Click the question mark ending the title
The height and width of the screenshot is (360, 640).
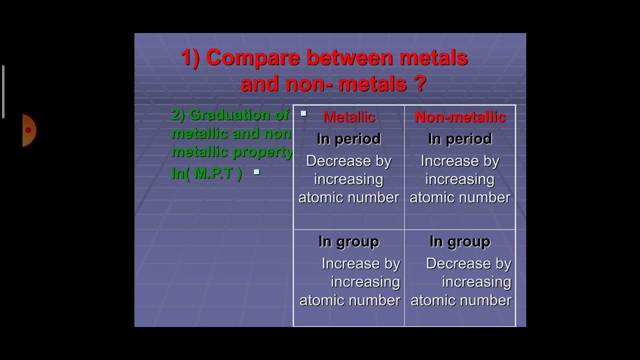click(419, 83)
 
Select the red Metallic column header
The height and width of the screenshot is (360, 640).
click(348, 117)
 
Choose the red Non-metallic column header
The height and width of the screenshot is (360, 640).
click(460, 117)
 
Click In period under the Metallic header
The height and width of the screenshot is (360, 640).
click(348, 139)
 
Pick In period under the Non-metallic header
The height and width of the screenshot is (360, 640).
click(460, 139)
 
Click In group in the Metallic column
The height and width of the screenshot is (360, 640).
click(348, 241)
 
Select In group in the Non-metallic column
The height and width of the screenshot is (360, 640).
click(460, 241)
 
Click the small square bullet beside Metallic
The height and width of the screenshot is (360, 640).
click(303, 114)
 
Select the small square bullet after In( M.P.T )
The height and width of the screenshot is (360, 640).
click(256, 172)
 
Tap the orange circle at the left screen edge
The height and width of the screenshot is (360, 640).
click(29, 130)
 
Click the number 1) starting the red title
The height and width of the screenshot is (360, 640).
click(190, 58)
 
